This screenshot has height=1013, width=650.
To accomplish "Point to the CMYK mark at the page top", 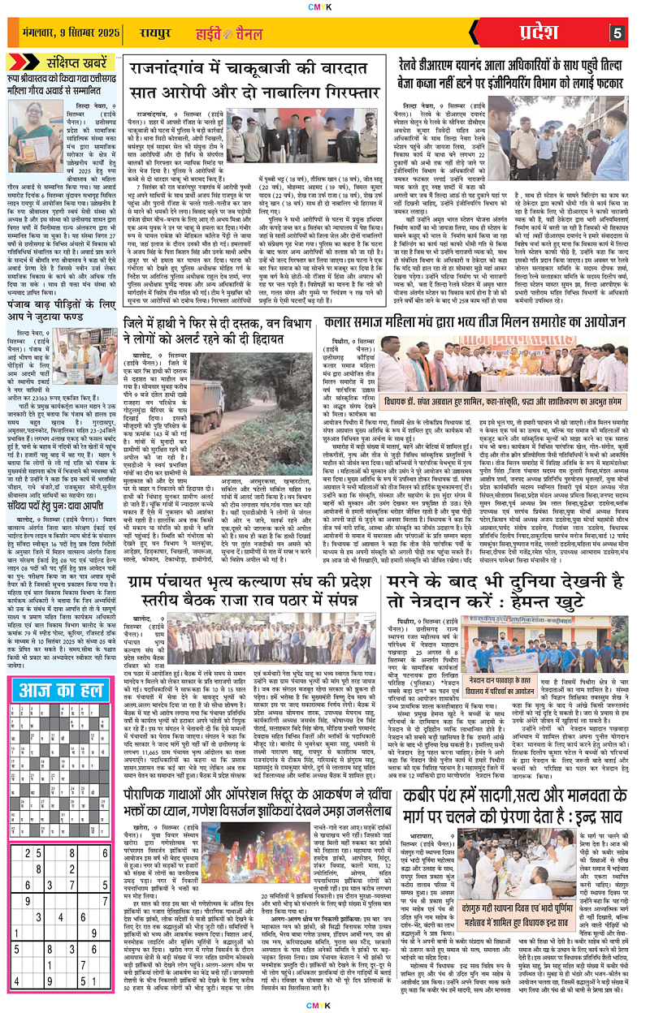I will [326, 6].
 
